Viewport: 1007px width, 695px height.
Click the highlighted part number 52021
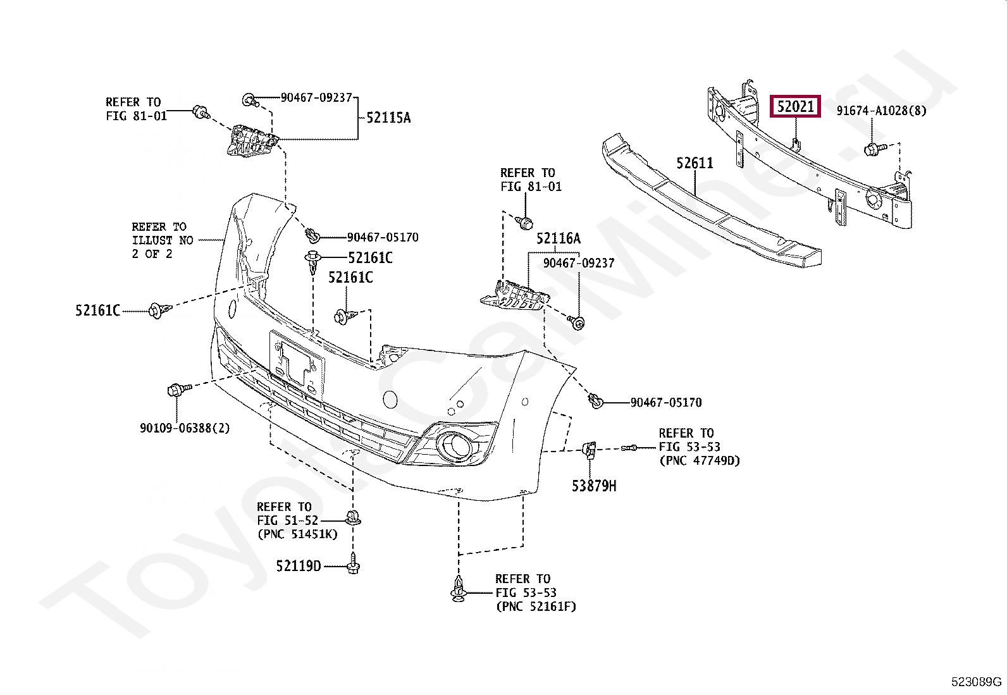[x=795, y=107]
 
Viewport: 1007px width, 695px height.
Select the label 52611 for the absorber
[x=695, y=163]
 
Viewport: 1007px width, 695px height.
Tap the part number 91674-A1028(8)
[x=881, y=111]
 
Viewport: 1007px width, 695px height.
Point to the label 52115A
[x=388, y=118]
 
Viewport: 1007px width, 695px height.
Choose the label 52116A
[x=558, y=238]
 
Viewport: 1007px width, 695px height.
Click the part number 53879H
[x=593, y=486]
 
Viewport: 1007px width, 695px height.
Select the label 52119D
[x=299, y=566]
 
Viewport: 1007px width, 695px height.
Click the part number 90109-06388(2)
[x=185, y=428]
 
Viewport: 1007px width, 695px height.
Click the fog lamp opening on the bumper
[x=456, y=446]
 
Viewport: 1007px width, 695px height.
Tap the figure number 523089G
[x=977, y=682]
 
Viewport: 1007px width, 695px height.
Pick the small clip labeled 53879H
[x=588, y=449]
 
